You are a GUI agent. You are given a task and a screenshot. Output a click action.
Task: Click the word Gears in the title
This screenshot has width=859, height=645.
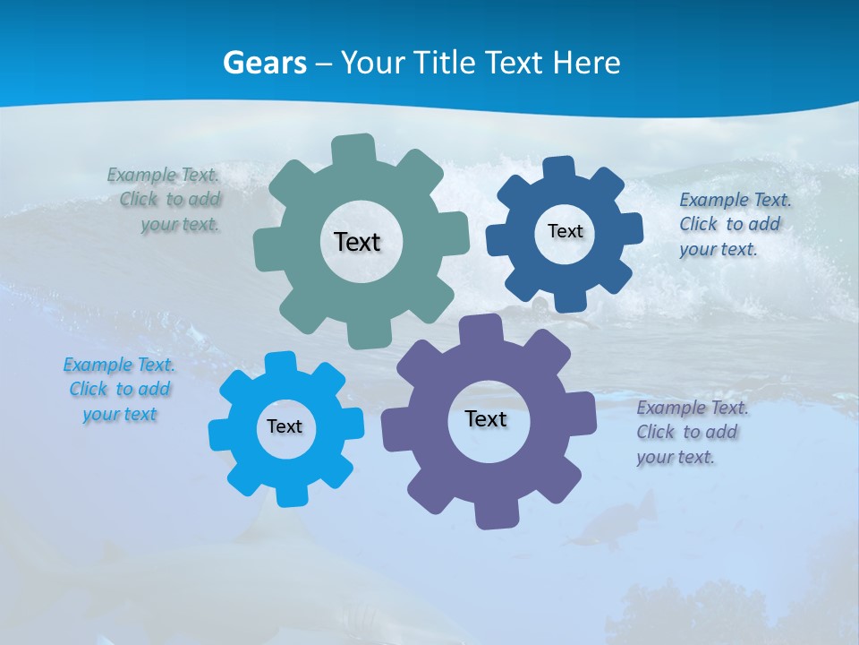coord(264,63)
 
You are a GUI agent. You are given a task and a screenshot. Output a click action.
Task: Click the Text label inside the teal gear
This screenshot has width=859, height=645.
coord(357,242)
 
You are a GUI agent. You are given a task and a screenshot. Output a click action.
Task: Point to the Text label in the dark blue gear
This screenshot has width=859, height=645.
coord(565,231)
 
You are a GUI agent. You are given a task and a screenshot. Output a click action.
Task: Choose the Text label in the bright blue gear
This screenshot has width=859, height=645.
coord(285,426)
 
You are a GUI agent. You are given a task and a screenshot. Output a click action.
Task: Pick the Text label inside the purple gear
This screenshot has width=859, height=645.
coord(486,419)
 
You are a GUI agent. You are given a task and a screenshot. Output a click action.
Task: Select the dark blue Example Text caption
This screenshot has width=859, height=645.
coord(734,224)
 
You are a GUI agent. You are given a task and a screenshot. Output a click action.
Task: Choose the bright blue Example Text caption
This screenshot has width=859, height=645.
coord(119,389)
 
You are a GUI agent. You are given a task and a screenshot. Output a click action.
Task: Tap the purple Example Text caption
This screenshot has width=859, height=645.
coord(691,432)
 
